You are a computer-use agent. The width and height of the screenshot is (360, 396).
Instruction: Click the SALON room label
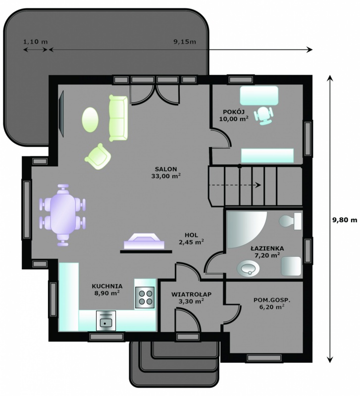(166, 172)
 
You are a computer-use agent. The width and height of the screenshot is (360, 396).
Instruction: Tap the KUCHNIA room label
(107, 290)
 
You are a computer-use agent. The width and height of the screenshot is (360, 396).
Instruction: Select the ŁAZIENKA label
(267, 252)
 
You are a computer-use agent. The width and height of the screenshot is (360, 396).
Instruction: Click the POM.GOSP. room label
(272, 303)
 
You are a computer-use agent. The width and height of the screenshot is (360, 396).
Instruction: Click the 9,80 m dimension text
(345, 220)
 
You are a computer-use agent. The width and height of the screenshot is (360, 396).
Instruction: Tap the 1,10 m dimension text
(35, 42)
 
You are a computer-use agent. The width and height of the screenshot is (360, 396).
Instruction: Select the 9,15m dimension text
(185, 42)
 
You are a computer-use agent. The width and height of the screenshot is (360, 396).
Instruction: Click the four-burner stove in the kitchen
(145, 297)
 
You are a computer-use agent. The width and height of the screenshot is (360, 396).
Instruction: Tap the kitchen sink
(106, 320)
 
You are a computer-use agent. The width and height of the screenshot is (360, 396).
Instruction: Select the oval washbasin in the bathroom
(248, 268)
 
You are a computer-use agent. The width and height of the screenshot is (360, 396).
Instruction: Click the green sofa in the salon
(118, 118)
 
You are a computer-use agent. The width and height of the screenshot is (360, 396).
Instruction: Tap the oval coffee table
(90, 119)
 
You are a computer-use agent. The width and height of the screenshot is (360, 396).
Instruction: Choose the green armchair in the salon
(98, 156)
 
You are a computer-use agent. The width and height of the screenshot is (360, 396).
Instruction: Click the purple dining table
(63, 215)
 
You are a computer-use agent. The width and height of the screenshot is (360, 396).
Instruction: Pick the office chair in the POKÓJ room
(264, 116)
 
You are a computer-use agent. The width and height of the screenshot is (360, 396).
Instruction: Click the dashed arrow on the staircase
(234, 185)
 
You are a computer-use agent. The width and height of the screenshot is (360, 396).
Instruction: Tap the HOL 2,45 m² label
(191, 239)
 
